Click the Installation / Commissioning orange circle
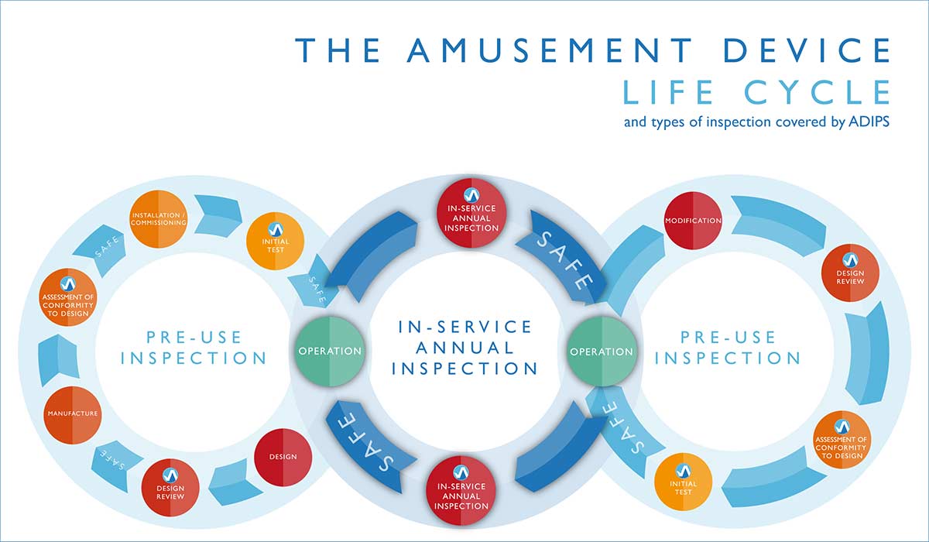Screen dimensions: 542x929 (159, 218)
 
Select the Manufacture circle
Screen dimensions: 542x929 (72, 413)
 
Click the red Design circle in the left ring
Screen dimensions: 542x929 (283, 456)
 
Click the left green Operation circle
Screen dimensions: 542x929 (330, 351)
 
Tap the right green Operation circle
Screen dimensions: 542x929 (602, 351)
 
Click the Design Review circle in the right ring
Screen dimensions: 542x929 (850, 273)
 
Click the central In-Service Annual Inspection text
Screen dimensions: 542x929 (465, 348)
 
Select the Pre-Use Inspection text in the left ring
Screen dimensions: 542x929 (194, 348)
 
